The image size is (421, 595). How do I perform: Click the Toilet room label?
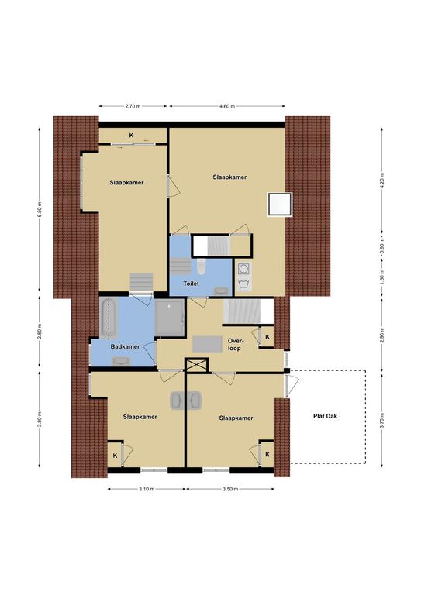coord(191,284)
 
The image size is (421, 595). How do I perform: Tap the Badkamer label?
coord(125,346)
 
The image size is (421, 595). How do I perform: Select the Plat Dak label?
coord(325,416)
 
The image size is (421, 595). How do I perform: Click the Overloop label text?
coord(235,345)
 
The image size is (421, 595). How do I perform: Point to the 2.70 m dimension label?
coord(133,106)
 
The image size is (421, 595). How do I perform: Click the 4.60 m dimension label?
coord(226,106)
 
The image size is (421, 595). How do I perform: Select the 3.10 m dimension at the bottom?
coord(147,489)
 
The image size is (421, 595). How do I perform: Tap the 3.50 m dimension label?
coord(230,489)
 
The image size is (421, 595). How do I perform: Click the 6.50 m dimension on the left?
coord(40,209)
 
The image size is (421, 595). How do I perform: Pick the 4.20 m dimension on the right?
coord(382,181)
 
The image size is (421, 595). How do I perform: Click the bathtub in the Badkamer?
coord(109,318)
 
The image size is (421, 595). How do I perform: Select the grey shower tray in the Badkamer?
coord(169,318)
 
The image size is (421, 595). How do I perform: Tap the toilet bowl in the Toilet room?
coord(202,266)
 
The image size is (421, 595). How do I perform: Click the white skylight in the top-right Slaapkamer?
coord(280,205)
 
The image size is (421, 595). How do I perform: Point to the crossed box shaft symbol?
coord(197,365)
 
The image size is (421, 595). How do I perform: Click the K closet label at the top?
coord(131,135)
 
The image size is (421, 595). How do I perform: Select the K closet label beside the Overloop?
coord(267,337)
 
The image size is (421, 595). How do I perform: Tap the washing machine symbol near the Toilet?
coord(243,269)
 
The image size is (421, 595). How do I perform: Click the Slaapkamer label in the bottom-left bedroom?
coord(140,417)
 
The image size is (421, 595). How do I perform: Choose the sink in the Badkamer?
coord(121,361)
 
